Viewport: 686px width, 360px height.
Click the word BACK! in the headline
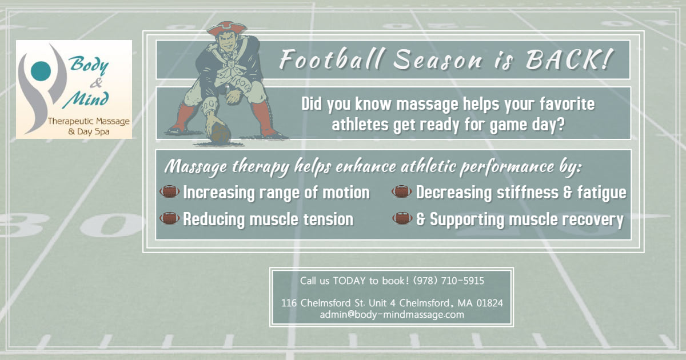(x=569, y=59)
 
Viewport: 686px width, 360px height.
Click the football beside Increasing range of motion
(x=169, y=191)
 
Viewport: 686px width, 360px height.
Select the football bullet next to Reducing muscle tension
(x=169, y=218)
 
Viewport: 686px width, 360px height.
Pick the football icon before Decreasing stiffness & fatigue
(x=401, y=191)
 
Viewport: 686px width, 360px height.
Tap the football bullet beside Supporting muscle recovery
(x=402, y=218)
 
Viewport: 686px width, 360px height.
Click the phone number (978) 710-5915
(x=448, y=281)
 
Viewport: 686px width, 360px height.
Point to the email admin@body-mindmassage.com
(x=392, y=315)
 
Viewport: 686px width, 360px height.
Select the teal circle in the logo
(x=41, y=71)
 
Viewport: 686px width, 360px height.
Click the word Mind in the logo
(x=86, y=100)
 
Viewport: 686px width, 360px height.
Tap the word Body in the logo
(x=89, y=65)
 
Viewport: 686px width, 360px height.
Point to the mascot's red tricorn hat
(x=226, y=28)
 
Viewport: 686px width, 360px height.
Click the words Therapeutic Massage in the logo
(x=89, y=122)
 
